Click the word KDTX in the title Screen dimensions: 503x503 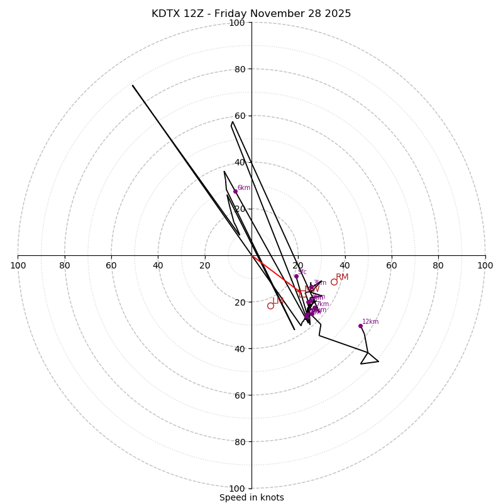coord(165,14)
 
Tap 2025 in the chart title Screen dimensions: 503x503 coord(338,14)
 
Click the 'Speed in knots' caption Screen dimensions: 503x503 coord(251,497)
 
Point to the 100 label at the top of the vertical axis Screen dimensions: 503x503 coord(237,23)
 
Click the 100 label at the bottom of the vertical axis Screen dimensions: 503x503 coord(237,489)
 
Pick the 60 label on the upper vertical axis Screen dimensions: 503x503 coord(239,116)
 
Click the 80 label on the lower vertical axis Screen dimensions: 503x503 coord(239,442)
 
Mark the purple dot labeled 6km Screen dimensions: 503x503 coord(235,191)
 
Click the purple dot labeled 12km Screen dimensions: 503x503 coord(360,326)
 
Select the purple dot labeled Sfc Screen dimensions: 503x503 coord(296,276)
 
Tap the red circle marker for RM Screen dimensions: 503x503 coord(334,282)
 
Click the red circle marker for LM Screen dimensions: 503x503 coord(270,306)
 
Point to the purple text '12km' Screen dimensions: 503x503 coord(370,322)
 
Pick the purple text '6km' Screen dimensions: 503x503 coord(244,187)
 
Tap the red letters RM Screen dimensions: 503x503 coord(342,277)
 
